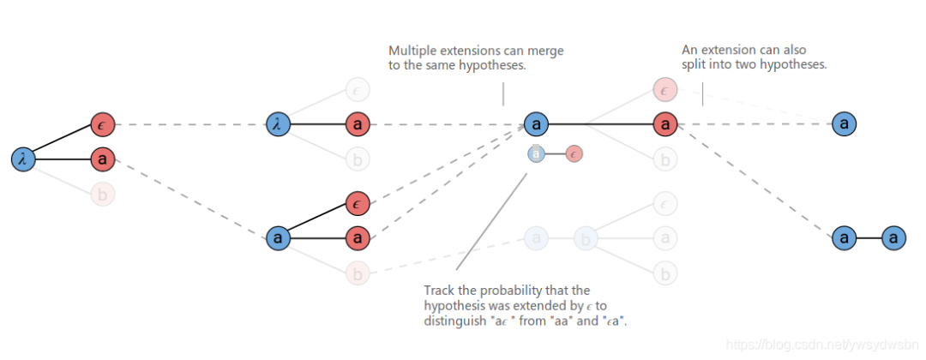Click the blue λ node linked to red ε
(x=23, y=159)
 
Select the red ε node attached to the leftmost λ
(x=102, y=124)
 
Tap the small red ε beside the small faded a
(x=574, y=153)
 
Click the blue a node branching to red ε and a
(x=277, y=237)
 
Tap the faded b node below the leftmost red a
(x=102, y=195)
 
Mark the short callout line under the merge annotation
(x=503, y=93)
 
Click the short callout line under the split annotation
(x=702, y=93)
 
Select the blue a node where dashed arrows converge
(x=536, y=124)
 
